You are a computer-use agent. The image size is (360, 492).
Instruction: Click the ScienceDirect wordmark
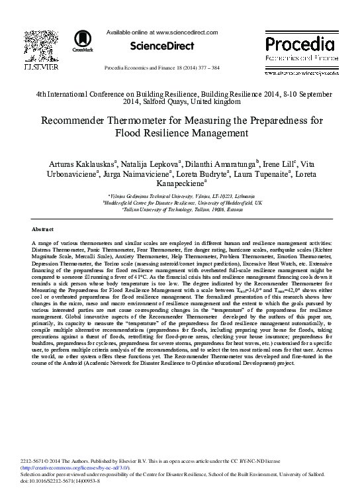point(162,46)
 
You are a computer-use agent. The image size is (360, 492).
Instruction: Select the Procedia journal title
point(299,44)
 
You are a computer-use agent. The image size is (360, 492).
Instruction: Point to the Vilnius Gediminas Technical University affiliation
point(179,197)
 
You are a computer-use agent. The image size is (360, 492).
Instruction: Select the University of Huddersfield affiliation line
point(179,203)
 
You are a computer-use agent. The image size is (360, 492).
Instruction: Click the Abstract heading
point(42,228)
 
